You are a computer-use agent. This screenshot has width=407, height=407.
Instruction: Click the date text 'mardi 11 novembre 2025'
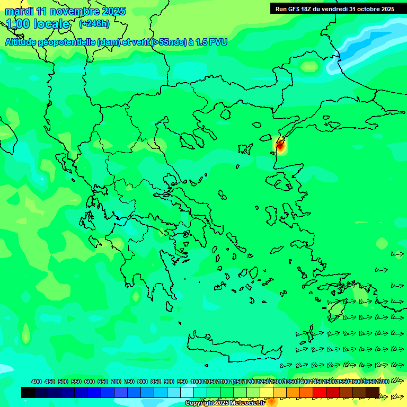(65, 11)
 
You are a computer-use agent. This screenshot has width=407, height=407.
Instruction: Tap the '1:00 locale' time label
(38, 24)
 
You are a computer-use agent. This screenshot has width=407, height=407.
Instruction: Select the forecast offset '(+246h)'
(94, 23)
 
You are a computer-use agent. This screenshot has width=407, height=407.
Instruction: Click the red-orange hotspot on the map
(280, 144)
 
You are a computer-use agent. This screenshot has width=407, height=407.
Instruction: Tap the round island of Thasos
(225, 114)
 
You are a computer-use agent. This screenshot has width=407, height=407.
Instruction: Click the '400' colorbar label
(37, 382)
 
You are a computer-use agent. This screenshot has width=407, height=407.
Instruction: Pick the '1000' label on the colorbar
(197, 382)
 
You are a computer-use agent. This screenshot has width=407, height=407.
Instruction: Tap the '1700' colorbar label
(382, 382)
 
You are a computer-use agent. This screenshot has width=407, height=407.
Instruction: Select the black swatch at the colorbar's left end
(28, 393)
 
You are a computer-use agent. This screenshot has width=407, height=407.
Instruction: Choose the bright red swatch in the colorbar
(320, 393)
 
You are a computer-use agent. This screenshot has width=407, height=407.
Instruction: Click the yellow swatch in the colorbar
(267, 393)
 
